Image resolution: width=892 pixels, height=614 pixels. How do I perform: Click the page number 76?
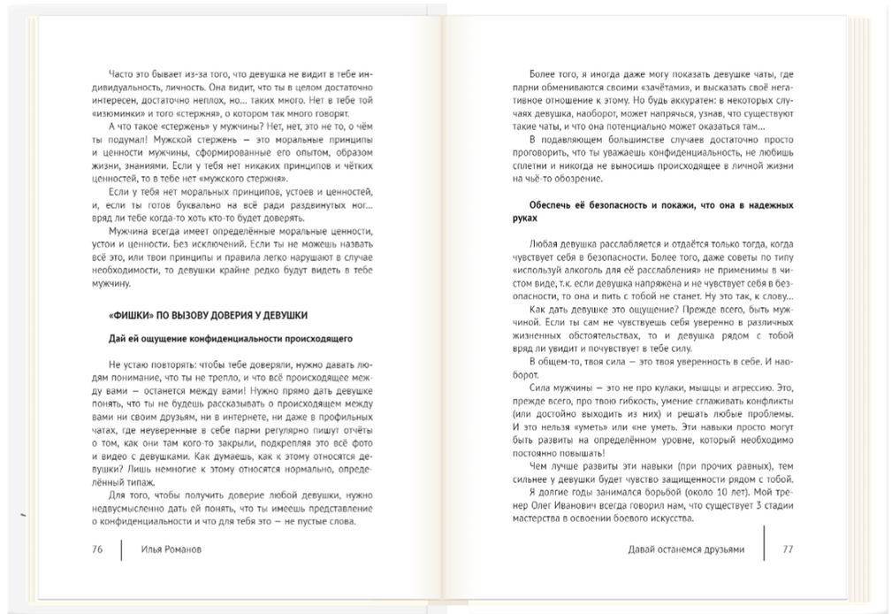click(97, 549)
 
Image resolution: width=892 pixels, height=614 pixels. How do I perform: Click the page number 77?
click(788, 549)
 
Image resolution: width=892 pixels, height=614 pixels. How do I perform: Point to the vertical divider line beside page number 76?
click(121, 549)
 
